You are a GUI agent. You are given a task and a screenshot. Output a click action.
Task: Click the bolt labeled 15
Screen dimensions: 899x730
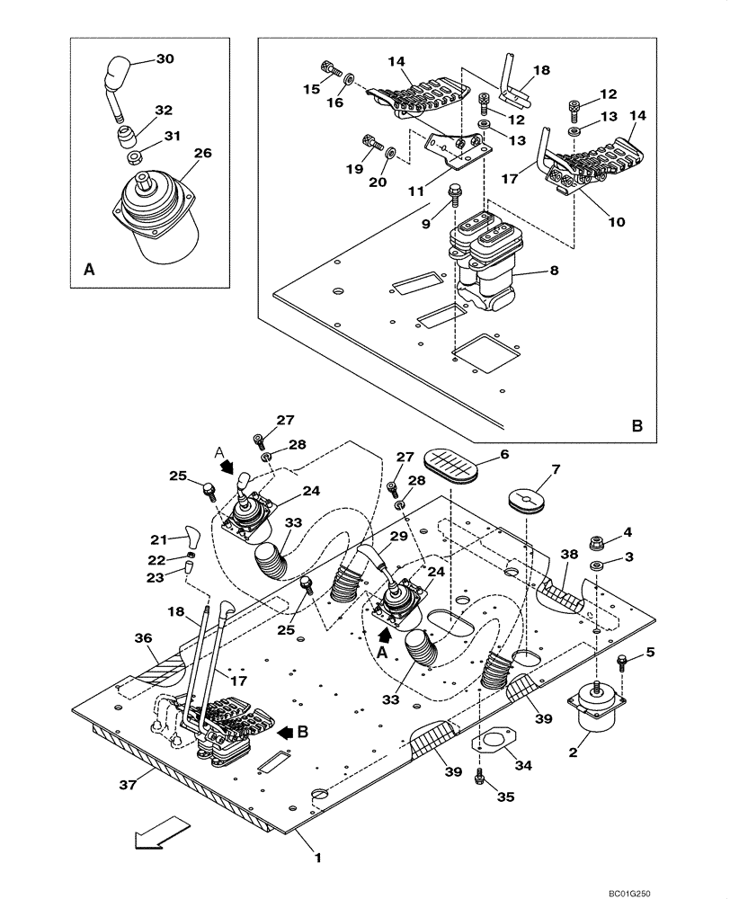[329, 68]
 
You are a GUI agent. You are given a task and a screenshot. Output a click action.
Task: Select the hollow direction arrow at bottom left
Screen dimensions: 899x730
[161, 832]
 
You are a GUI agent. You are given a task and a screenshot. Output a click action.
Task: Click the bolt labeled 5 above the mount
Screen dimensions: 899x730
[623, 663]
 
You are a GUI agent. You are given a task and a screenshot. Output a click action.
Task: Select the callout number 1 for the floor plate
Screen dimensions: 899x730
[316, 857]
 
